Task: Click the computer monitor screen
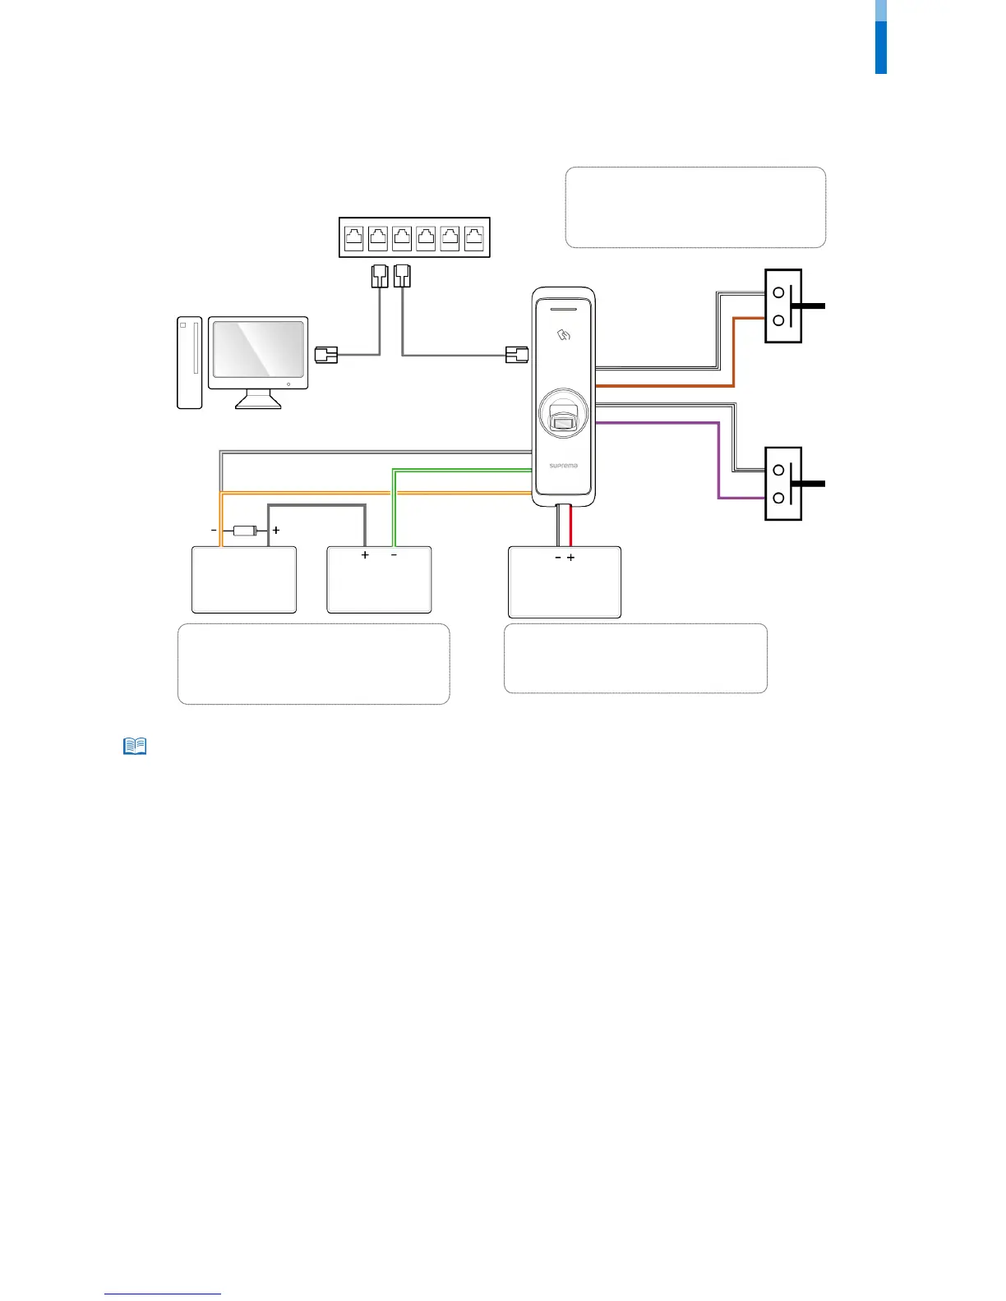258,349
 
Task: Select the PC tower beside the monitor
189,362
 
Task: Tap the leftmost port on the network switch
354,238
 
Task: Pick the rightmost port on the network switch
474,238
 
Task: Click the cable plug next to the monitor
326,355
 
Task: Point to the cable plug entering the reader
516,355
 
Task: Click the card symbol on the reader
564,334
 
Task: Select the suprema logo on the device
564,466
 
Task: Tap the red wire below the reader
570,526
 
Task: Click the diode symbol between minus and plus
245,531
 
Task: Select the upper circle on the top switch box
778,292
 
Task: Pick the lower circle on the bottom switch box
778,498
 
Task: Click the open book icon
135,746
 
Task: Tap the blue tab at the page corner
880,46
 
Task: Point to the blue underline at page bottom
163,1294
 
